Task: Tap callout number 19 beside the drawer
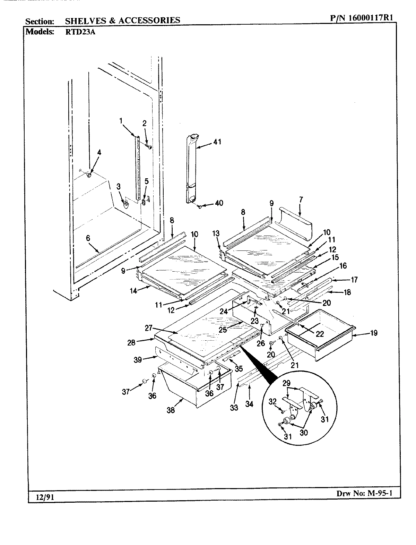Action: coord(373,333)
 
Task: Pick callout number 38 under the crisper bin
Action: coord(171,410)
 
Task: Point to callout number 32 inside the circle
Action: coord(273,401)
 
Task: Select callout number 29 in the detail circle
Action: coord(286,383)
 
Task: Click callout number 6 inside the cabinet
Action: coord(88,238)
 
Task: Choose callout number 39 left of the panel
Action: coord(138,360)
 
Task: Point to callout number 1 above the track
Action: coord(121,121)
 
